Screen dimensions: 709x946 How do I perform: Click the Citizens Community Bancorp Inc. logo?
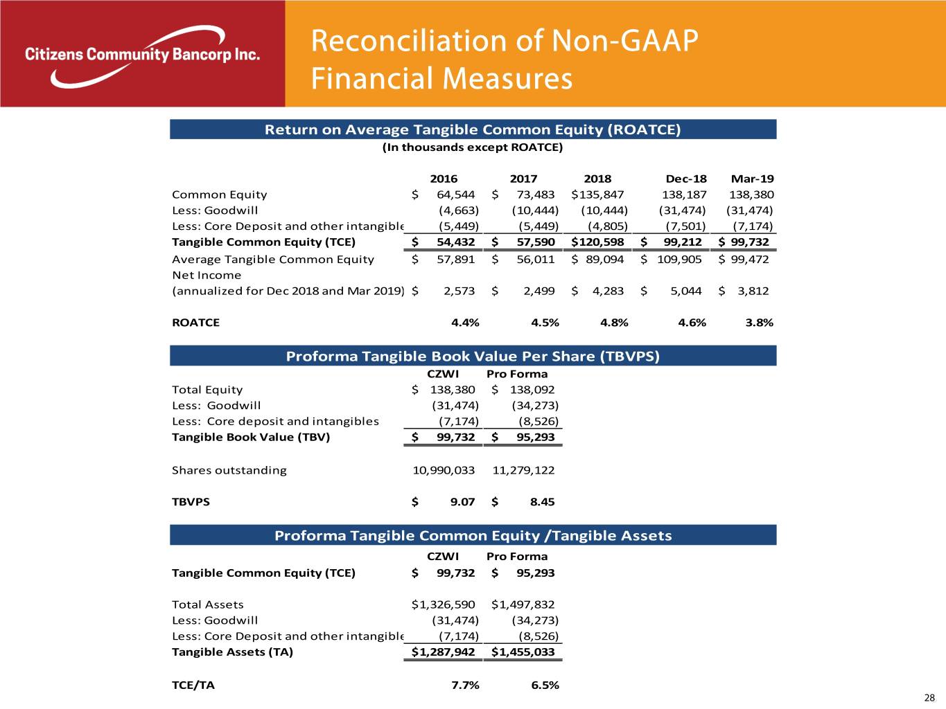pyautogui.click(x=142, y=55)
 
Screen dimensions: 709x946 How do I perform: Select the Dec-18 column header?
pyautogui.click(x=685, y=179)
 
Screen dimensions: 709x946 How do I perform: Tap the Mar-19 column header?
pyautogui.click(x=752, y=179)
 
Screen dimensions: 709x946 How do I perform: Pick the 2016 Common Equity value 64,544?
pyautogui.click(x=455, y=195)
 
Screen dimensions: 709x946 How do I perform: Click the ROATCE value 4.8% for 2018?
pyautogui.click(x=614, y=323)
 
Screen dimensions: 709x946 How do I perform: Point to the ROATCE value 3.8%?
pyautogui.click(x=759, y=323)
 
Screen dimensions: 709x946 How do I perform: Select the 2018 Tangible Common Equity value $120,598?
pyautogui.click(x=597, y=242)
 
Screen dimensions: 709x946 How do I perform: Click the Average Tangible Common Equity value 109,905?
pyautogui.click(x=678, y=260)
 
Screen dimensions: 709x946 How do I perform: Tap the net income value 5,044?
pyautogui.click(x=687, y=291)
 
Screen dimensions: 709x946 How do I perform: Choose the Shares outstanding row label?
pyautogui.click(x=229, y=470)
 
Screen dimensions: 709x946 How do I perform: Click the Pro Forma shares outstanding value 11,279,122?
pyautogui.click(x=523, y=470)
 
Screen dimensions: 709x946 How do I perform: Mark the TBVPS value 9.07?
pyautogui.click(x=462, y=502)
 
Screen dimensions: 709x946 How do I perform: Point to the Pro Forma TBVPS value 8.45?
pyautogui.click(x=542, y=502)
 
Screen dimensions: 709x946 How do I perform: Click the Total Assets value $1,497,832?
pyautogui.click(x=523, y=604)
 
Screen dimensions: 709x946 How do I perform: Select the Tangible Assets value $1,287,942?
pyautogui.click(x=444, y=652)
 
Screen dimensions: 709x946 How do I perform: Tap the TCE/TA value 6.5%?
pyautogui.click(x=545, y=685)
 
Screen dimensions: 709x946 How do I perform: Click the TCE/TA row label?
pyautogui.click(x=193, y=685)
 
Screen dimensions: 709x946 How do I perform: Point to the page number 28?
pyautogui.click(x=929, y=698)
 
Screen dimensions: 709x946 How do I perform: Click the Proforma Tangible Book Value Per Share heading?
pyautogui.click(x=473, y=357)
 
